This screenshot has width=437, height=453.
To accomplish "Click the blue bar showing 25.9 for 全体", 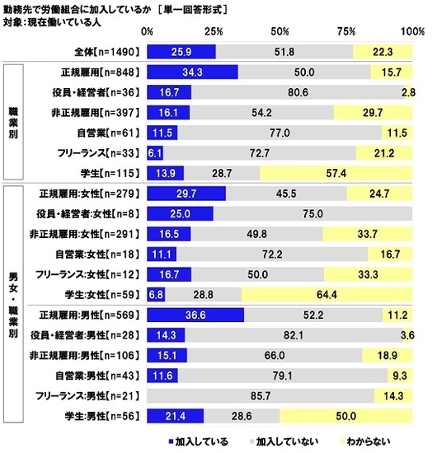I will pyautogui.click(x=181, y=52).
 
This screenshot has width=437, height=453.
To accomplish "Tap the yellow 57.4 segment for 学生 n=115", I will pyautogui.click(x=336, y=173).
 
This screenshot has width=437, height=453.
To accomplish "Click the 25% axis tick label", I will pyautogui.click(x=214, y=31).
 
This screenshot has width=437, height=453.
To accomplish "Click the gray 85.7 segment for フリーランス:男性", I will pyautogui.click(x=261, y=394).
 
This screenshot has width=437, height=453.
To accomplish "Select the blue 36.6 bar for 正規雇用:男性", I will pyautogui.click(x=195, y=315).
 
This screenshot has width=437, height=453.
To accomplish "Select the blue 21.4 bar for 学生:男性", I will pyautogui.click(x=175, y=413).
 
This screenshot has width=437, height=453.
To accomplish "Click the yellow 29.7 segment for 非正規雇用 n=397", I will pyautogui.click(x=374, y=113).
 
